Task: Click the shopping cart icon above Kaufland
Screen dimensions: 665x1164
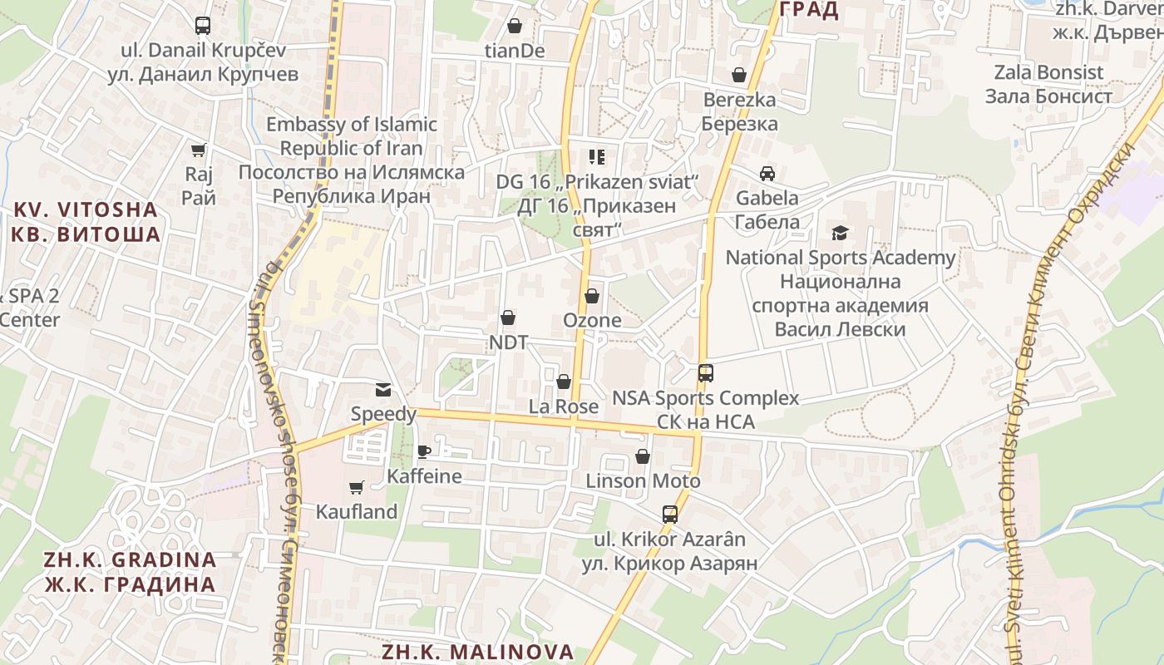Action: click(357, 487)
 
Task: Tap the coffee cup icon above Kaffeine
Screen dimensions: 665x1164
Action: click(424, 451)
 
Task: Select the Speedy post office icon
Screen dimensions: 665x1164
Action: click(383, 389)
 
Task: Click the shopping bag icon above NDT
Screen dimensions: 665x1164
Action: click(508, 318)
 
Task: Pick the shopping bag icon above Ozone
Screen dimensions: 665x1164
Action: click(592, 295)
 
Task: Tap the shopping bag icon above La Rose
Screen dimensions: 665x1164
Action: click(564, 382)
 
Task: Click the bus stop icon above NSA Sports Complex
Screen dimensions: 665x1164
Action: click(706, 373)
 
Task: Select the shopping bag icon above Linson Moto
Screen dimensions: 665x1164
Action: click(643, 456)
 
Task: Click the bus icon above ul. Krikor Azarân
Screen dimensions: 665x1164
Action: click(670, 514)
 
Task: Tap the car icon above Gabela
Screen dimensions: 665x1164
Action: click(767, 174)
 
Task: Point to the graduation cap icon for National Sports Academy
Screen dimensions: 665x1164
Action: click(841, 233)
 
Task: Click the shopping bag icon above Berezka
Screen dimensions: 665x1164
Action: click(739, 76)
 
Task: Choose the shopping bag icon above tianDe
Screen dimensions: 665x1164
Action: click(515, 27)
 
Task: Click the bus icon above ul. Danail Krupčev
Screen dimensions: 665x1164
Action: click(203, 25)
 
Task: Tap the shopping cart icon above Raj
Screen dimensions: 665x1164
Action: click(199, 150)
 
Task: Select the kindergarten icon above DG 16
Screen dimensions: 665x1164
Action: click(596, 156)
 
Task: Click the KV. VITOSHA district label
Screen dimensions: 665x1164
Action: click(86, 221)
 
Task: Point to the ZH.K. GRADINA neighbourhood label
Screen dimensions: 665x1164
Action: click(131, 571)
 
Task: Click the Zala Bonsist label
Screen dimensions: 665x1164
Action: click(1048, 84)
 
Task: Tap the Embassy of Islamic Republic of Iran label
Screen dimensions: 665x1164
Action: click(351, 160)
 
